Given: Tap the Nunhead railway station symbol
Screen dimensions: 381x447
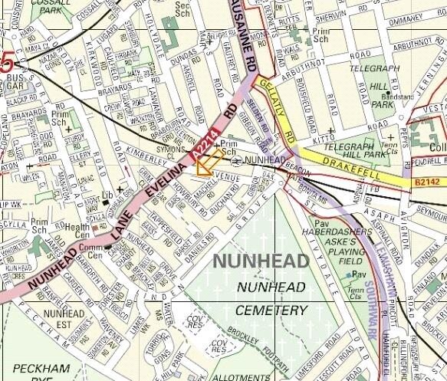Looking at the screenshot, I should (x=238, y=159).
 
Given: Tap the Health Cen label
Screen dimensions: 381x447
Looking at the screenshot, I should (x=77, y=231).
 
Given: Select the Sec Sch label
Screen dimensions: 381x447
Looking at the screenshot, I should (x=182, y=9).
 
